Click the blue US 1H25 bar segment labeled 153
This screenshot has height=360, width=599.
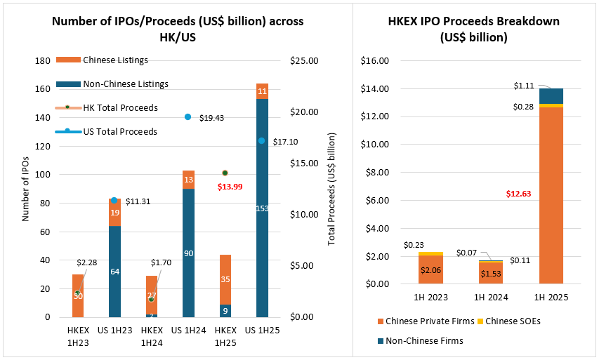[x=262, y=208]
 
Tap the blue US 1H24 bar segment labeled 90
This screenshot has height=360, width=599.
[x=188, y=253]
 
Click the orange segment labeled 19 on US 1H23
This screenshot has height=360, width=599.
[x=114, y=213]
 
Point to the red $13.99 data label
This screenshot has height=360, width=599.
[x=230, y=186]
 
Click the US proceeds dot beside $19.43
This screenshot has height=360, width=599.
[x=188, y=117]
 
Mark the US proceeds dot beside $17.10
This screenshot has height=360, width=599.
[x=262, y=141]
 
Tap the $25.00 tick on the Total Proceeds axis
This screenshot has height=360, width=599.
[x=304, y=61]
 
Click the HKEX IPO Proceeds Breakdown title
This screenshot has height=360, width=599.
[x=474, y=29]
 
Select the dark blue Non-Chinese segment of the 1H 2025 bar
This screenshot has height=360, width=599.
[x=551, y=95]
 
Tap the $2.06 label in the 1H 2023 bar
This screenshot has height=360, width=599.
[x=430, y=270]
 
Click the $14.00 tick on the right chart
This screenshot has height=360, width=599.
[x=374, y=89]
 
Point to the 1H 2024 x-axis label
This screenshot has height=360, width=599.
[x=491, y=298]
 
